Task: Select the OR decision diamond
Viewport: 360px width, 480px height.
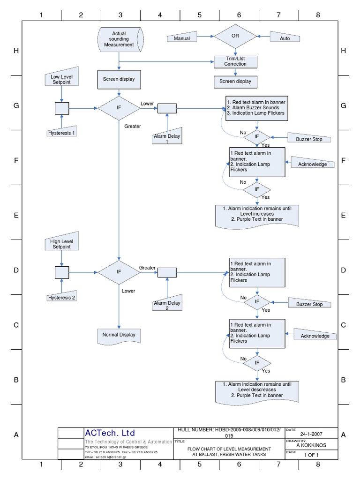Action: coord(236,36)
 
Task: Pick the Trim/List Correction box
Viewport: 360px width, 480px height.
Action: coord(235,61)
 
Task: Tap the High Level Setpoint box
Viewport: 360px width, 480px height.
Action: coord(61,244)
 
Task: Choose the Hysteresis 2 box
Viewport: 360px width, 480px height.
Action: coord(61,297)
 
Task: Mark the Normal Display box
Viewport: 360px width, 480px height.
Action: coord(119,335)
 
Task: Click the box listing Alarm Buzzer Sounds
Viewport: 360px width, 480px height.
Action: coord(256,108)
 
